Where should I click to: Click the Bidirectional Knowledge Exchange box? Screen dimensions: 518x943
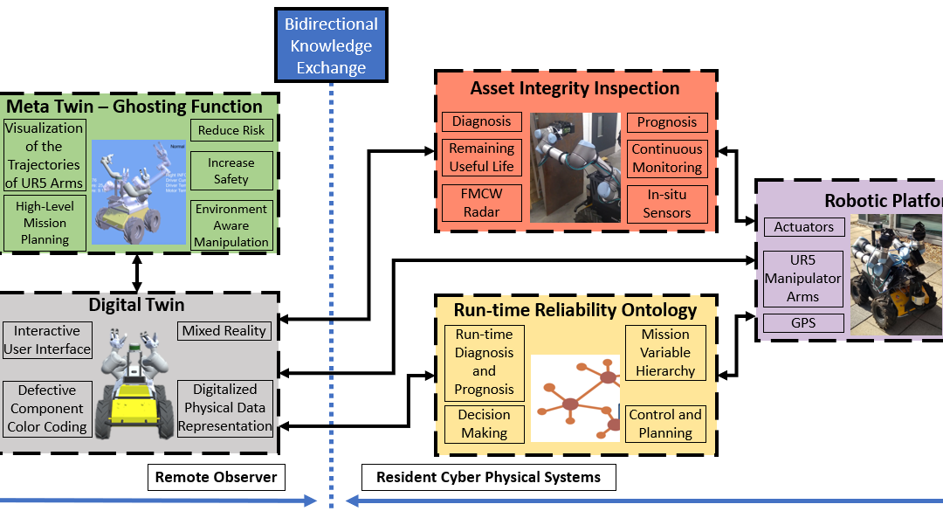[x=331, y=45]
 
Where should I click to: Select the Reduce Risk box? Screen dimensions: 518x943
[x=231, y=130]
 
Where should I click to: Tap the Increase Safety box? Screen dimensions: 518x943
[x=231, y=171]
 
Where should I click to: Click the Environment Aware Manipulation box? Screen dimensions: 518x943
[x=231, y=225]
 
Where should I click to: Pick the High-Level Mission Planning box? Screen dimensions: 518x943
[x=45, y=221]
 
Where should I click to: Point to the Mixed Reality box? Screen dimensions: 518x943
[x=224, y=330]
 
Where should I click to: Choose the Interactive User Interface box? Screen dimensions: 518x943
[x=47, y=340]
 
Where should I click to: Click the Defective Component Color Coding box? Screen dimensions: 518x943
[x=47, y=409]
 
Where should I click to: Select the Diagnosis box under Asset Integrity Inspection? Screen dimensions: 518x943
[x=482, y=121]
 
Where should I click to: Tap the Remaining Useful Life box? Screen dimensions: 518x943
[x=482, y=157]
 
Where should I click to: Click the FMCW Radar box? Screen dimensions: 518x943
[x=482, y=202]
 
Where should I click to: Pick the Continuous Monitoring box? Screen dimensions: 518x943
[x=667, y=158]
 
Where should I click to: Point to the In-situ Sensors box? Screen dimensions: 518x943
[x=667, y=203]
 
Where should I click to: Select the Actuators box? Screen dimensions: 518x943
[x=804, y=227]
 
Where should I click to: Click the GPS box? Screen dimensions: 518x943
[x=804, y=322]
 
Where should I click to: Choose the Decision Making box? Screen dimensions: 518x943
[x=484, y=424]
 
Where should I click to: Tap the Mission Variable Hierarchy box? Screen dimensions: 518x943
[x=665, y=352]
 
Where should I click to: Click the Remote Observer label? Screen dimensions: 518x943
[x=216, y=477]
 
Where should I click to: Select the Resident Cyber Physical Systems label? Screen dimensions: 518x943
[x=488, y=477]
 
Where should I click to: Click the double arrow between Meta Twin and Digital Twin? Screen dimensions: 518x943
[x=136, y=273]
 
